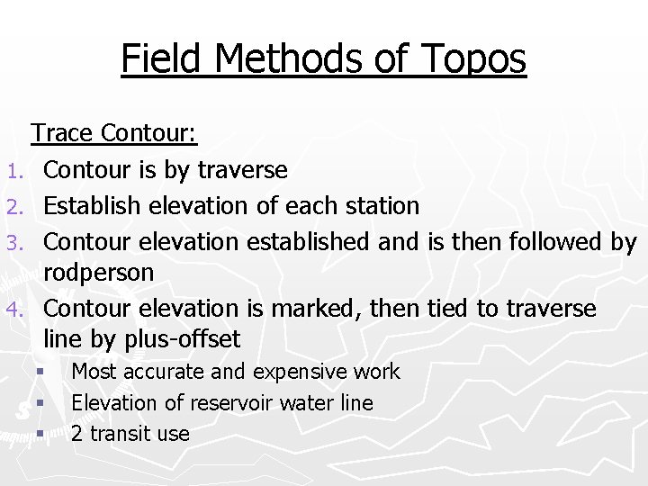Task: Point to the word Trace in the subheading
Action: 62,133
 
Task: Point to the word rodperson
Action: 99,272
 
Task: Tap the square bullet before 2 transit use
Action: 40,434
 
